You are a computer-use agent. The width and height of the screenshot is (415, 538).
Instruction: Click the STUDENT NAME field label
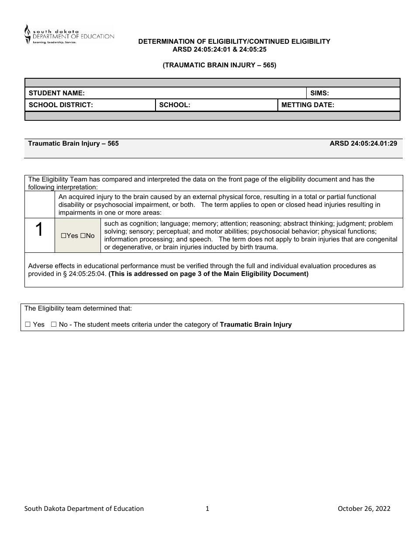[x=56, y=93]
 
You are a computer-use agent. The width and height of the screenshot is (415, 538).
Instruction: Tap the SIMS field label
[x=319, y=93]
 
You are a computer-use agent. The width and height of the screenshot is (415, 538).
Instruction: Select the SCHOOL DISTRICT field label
[x=61, y=105]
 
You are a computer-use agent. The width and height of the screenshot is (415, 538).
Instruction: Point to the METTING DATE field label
[x=308, y=105]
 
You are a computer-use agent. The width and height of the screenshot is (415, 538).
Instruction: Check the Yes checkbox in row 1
[x=63, y=236]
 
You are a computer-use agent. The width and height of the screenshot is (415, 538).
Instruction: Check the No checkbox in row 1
[x=82, y=236]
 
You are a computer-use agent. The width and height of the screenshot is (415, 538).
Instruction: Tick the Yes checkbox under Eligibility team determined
[x=28, y=325]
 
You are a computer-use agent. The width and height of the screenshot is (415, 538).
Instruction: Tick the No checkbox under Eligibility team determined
[x=53, y=325]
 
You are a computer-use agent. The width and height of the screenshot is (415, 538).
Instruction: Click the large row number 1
[x=39, y=230]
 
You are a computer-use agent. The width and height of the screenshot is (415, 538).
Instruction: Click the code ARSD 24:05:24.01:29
[x=363, y=143]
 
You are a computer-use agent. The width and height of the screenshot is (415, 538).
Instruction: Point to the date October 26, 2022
[x=364, y=508]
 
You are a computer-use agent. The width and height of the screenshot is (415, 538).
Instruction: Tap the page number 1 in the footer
[x=207, y=508]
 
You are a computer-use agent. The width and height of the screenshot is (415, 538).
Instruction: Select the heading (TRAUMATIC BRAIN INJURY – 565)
[x=219, y=65]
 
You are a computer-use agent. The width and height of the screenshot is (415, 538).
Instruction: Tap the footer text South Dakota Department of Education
[x=84, y=508]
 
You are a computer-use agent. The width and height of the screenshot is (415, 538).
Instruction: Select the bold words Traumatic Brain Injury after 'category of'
[x=256, y=325]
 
